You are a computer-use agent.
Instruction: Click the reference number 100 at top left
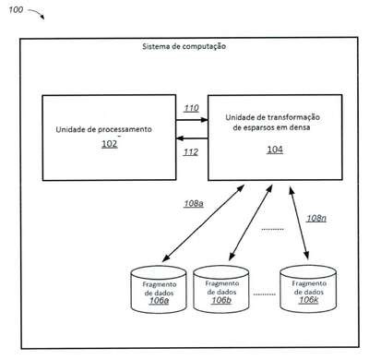[x=16, y=10]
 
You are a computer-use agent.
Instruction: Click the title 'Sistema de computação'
[x=184, y=46]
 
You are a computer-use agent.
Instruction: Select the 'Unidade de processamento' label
[x=103, y=129]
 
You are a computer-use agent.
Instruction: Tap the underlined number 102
[x=110, y=144]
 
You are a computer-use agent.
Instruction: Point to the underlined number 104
[x=275, y=150]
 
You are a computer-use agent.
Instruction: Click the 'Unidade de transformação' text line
[x=272, y=117]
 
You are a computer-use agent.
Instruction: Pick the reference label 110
[x=191, y=108]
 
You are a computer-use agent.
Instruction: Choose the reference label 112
[x=191, y=152]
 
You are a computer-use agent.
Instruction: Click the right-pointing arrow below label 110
[x=192, y=120]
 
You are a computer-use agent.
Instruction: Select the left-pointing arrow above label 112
[x=192, y=138]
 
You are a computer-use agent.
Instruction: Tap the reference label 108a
[x=194, y=204]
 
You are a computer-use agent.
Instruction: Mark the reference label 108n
[x=316, y=218]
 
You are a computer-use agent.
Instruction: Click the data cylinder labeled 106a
[x=159, y=290]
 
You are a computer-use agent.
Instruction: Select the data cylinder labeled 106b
[x=221, y=289]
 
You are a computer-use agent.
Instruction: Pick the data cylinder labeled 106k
[x=308, y=289]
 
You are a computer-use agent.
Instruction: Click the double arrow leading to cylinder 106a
[x=203, y=223]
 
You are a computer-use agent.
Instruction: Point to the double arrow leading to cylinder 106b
[x=251, y=222]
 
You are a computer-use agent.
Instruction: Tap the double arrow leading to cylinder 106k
[x=299, y=222]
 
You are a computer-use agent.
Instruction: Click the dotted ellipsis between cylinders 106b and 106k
[x=264, y=294]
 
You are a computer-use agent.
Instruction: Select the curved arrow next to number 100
[x=37, y=13]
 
